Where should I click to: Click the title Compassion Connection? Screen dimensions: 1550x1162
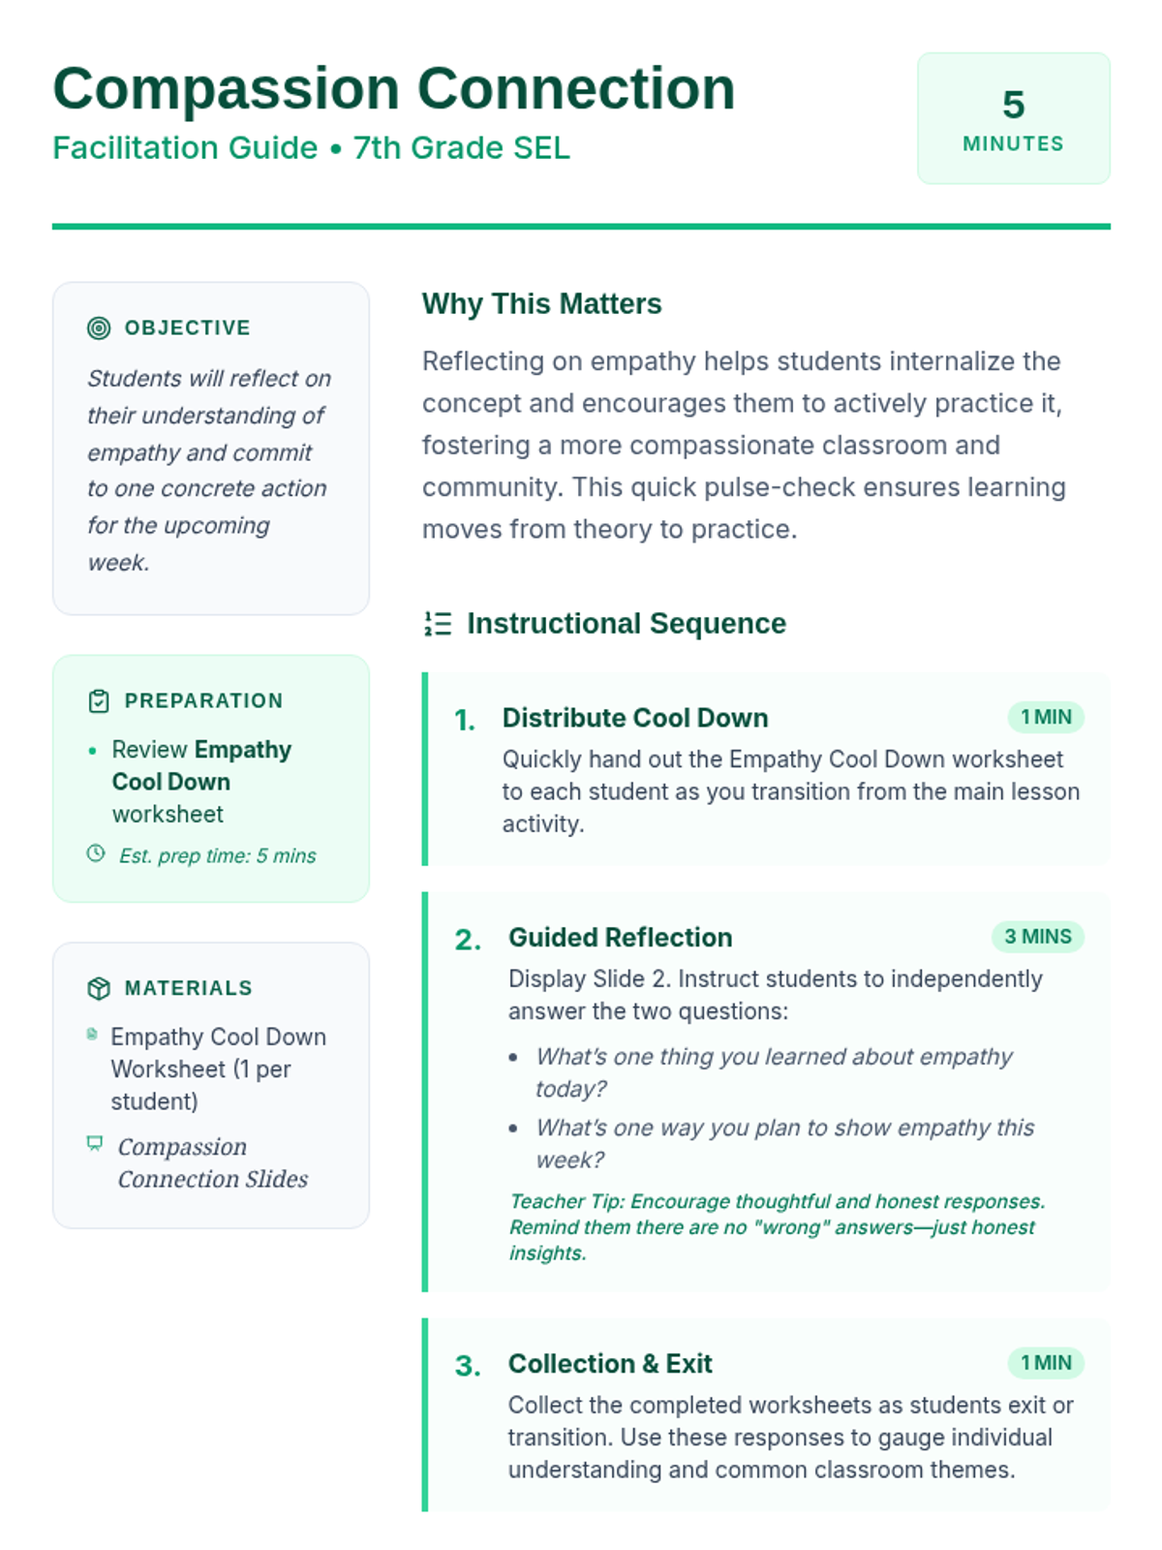pyautogui.click(x=393, y=89)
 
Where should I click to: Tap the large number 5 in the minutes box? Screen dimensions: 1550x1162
pyautogui.click(x=1013, y=105)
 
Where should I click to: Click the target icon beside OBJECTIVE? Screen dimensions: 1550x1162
pyautogui.click(x=99, y=328)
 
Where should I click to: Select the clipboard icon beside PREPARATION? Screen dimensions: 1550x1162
pyautogui.click(x=99, y=701)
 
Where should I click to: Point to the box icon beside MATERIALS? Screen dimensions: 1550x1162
pyautogui.click(x=99, y=988)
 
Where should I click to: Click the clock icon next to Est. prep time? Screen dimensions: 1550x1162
pyautogui.click(x=96, y=853)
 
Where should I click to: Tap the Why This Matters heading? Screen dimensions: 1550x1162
pyautogui.click(x=541, y=304)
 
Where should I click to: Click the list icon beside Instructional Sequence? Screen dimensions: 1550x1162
pyautogui.click(x=438, y=624)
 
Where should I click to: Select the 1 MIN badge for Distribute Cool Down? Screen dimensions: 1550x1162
pyautogui.click(x=1046, y=717)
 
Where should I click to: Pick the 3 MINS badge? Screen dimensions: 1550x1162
pyautogui.click(x=1037, y=937)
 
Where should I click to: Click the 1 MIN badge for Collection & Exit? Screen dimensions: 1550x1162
pyautogui.click(x=1046, y=1363)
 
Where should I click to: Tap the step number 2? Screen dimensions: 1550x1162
pyautogui.click(x=468, y=940)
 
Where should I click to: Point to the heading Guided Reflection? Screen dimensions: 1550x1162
pyautogui.click(x=620, y=938)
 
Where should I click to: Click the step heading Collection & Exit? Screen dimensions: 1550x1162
pyautogui.click(x=610, y=1364)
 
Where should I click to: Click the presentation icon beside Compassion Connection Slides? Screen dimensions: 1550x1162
pyautogui.click(x=95, y=1143)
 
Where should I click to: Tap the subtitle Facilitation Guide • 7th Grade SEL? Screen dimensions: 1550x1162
pyautogui.click(x=311, y=148)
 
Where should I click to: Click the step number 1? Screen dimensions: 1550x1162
pyautogui.click(x=465, y=720)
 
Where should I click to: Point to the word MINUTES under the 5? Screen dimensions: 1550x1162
pyautogui.click(x=1013, y=144)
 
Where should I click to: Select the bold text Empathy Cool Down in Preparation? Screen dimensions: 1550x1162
pyautogui.click(x=200, y=765)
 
